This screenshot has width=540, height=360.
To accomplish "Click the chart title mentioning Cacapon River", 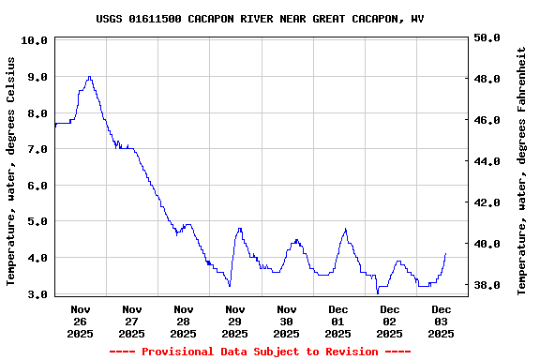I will pyautogui.click(x=260, y=19).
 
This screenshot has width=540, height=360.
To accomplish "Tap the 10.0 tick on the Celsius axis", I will pyautogui.click(x=34, y=41).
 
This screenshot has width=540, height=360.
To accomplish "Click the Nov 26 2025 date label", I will pyautogui.click(x=81, y=321).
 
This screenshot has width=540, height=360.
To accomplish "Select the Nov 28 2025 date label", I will pyautogui.click(x=184, y=321).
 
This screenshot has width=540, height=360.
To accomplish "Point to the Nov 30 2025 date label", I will pyautogui.click(x=287, y=321).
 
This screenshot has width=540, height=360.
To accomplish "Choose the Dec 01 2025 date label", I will pyautogui.click(x=338, y=321).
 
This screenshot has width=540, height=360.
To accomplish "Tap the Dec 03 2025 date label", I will pyautogui.click(x=442, y=321).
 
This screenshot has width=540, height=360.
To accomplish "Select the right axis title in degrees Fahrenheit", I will pyautogui.click(x=522, y=167).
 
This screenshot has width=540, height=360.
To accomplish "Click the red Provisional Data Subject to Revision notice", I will pyautogui.click(x=260, y=352).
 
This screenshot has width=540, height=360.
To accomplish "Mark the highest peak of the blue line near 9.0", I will pyautogui.click(x=89, y=77).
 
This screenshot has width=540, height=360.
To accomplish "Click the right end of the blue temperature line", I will pyautogui.click(x=446, y=253).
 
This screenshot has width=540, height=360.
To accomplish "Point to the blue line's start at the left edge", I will pyautogui.click(x=55, y=125).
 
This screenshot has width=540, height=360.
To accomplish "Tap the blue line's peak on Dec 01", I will pyautogui.click(x=345, y=229).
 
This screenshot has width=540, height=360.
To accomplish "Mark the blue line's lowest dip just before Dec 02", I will pyautogui.click(x=378, y=292).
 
